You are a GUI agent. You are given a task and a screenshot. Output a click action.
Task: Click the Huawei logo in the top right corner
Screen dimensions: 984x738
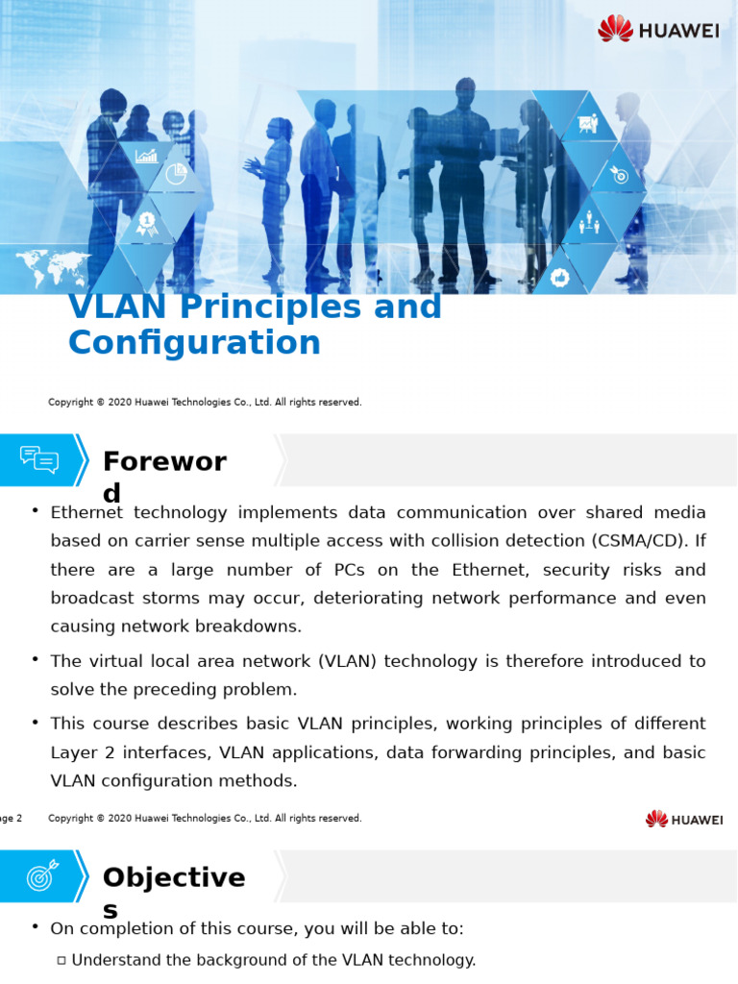coord(658,29)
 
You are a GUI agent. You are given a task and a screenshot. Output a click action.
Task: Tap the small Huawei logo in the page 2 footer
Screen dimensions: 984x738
coord(684,819)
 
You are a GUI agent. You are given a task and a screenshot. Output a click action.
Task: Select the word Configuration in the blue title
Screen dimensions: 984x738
coord(194,343)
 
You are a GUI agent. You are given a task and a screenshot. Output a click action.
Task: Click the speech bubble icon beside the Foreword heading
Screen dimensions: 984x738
coord(39,459)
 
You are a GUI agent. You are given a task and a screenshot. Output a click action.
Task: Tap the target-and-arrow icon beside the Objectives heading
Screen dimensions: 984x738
coord(42,874)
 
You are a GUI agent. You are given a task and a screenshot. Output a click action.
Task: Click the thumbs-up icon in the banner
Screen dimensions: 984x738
coord(560,278)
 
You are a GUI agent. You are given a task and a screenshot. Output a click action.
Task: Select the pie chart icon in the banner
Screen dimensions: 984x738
coord(175,174)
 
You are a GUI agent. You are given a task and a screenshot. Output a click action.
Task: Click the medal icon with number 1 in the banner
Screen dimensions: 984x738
coord(146,223)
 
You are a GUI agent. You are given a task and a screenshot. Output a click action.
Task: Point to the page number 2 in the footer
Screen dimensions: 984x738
coord(18,819)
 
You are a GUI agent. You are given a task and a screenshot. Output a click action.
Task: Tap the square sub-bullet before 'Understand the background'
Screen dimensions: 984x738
coord(61,960)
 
